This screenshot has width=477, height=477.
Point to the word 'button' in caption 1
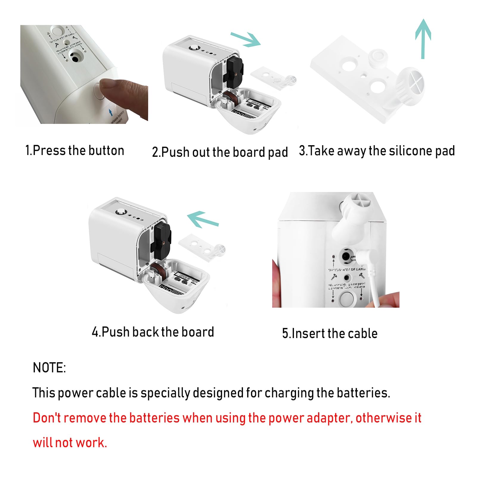point(106,150)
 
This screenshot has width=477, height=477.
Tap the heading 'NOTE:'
point(49,368)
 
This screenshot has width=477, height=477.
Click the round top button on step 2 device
point(194,48)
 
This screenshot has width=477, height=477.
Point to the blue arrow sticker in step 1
point(111,112)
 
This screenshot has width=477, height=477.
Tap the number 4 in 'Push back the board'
point(96,332)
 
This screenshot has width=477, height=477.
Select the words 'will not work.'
point(70,443)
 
